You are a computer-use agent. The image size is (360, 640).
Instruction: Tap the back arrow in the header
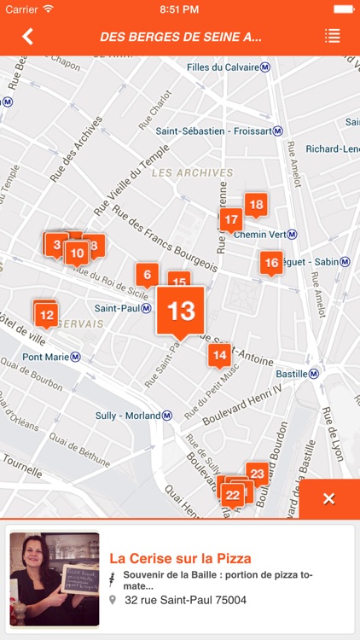tap(27, 36)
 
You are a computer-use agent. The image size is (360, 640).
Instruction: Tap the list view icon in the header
tap(332, 36)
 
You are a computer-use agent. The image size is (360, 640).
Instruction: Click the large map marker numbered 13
tap(181, 311)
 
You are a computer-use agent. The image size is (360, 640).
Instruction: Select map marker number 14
tap(219, 354)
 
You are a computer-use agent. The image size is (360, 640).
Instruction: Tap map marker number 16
tap(271, 263)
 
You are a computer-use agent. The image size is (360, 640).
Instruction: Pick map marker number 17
tap(230, 220)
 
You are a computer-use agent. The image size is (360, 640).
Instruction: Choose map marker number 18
tap(255, 204)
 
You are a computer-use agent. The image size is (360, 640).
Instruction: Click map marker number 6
tap(147, 274)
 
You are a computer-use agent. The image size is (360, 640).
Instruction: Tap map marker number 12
tap(46, 316)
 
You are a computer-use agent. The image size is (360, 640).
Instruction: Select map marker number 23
tap(257, 473)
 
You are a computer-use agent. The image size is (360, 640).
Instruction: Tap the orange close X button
tap(328, 499)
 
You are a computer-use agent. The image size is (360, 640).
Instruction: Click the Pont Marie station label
tap(50, 357)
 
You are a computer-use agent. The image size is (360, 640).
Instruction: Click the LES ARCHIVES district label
tap(192, 172)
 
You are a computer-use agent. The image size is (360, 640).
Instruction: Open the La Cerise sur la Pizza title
tap(180, 558)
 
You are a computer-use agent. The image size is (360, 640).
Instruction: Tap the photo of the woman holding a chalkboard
tap(54, 579)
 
